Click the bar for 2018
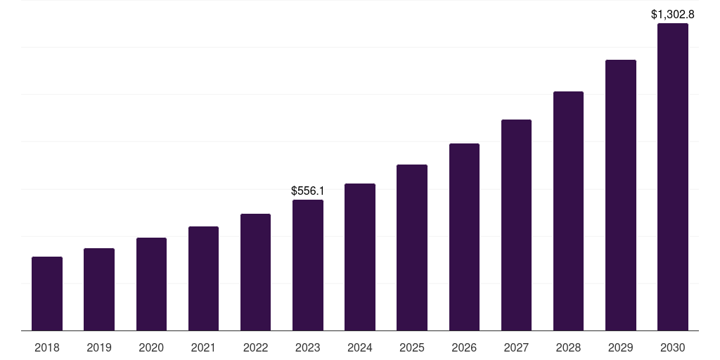tap(47, 293)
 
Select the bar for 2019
tap(99, 289)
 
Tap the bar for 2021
tap(203, 278)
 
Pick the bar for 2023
tap(308, 265)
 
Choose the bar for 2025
tap(412, 247)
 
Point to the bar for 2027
tap(516, 225)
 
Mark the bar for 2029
tap(620, 195)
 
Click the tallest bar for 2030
tap(673, 176)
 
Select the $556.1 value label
tap(308, 191)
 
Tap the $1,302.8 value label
tap(673, 14)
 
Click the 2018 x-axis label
tap(47, 347)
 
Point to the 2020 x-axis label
tap(151, 347)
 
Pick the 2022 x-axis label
tap(255, 347)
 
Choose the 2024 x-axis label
tap(360, 347)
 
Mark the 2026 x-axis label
tap(464, 347)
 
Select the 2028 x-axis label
tap(568, 347)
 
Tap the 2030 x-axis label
tap(673, 347)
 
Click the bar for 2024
tap(360, 257)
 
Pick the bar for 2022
tap(255, 272)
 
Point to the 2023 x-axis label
tap(308, 347)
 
